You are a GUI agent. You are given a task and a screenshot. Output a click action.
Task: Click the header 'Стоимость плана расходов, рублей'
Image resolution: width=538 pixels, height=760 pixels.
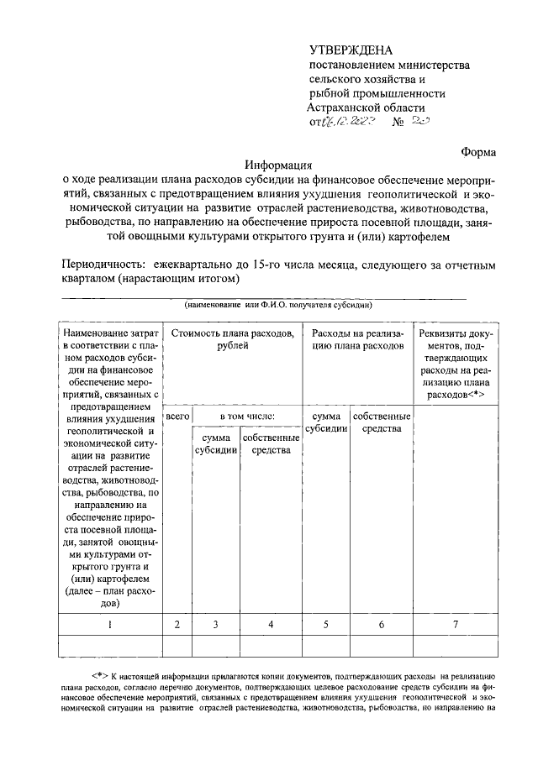click(x=232, y=340)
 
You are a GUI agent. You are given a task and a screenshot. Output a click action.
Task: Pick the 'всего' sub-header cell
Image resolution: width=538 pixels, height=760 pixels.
click(x=177, y=416)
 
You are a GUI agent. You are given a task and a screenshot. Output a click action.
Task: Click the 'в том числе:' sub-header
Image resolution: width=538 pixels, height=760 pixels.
click(x=247, y=416)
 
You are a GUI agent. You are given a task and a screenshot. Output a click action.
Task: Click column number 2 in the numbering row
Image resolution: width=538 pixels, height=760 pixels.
click(x=177, y=623)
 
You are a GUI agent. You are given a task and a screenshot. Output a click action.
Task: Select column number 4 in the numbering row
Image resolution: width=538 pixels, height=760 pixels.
click(x=271, y=623)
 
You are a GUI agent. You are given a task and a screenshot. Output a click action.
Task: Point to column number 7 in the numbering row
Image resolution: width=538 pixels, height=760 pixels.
click(x=456, y=623)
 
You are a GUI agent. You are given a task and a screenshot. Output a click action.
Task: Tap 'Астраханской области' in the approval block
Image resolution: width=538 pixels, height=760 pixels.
click(x=367, y=108)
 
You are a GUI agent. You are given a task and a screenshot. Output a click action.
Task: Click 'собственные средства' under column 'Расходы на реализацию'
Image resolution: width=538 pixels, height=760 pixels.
click(x=382, y=422)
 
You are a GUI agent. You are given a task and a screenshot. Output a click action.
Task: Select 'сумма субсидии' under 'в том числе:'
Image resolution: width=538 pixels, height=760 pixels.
click(x=216, y=444)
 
